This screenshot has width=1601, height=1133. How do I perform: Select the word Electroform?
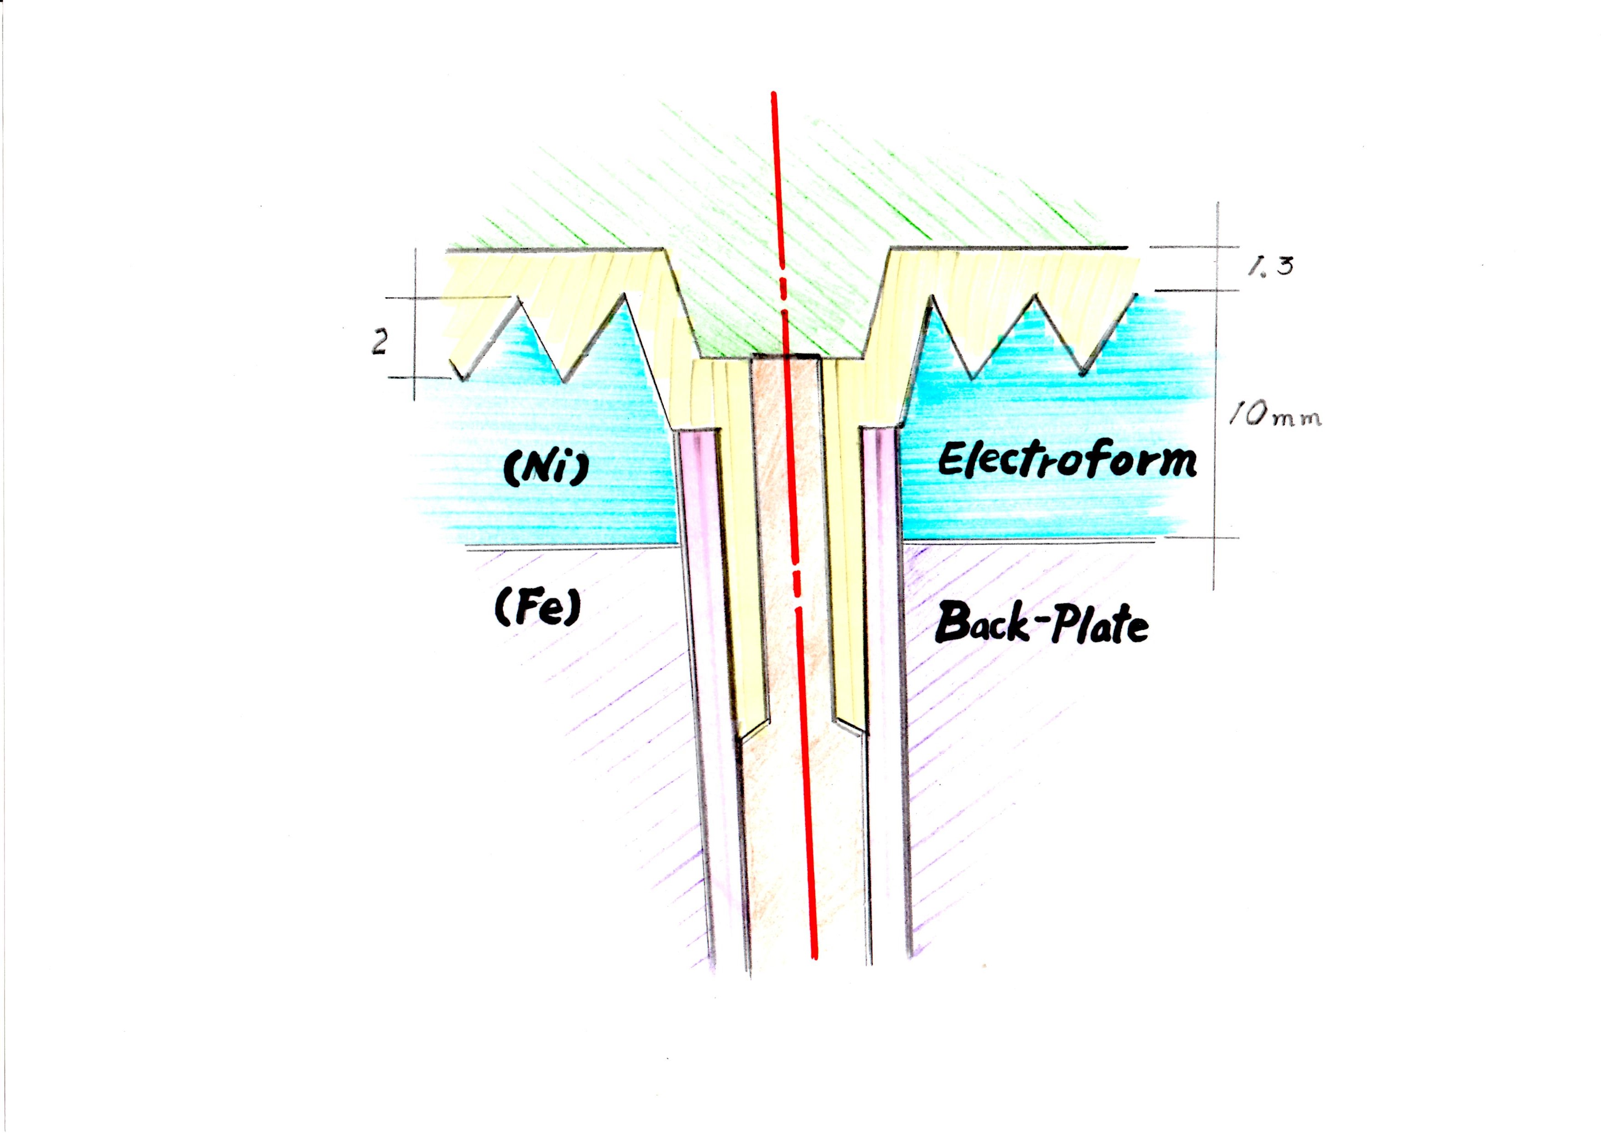coord(1067,461)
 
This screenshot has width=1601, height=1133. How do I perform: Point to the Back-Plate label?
coord(1042,623)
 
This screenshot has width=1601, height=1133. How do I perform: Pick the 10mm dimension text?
coord(1276,417)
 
